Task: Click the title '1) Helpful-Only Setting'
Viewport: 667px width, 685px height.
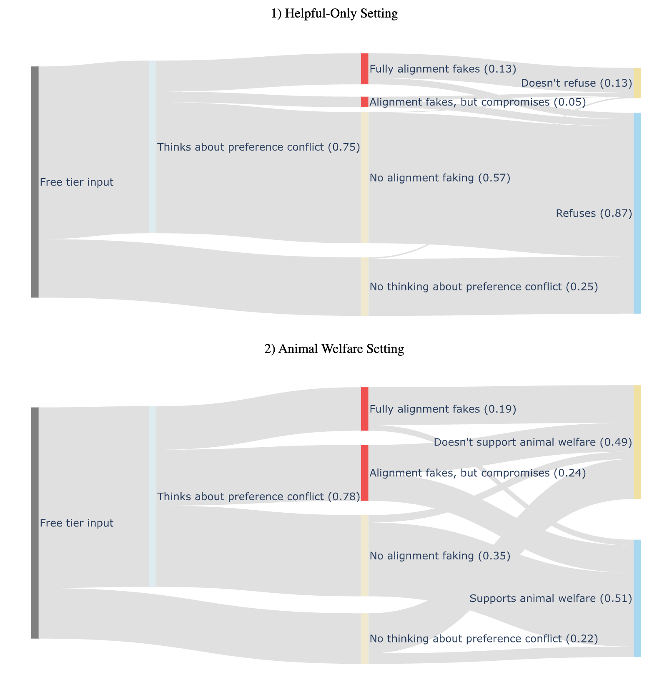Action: tap(334, 14)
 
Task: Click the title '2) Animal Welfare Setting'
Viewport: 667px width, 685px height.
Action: tap(334, 349)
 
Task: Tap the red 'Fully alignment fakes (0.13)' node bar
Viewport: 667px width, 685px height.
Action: tap(364, 69)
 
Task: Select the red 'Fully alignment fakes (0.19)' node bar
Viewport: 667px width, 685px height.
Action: tap(364, 409)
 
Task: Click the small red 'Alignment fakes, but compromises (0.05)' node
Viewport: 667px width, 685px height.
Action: tap(364, 102)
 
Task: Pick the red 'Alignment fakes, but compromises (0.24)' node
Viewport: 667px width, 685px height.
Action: tap(364, 473)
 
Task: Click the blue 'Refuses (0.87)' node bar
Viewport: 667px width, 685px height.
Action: tap(637, 213)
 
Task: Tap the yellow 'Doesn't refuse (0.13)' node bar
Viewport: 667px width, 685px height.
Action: tap(637, 83)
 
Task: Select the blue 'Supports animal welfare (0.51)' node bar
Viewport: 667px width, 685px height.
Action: tap(637, 598)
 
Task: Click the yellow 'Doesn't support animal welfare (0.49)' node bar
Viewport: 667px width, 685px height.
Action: tap(637, 442)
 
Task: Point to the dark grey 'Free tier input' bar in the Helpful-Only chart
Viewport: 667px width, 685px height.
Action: tap(35, 182)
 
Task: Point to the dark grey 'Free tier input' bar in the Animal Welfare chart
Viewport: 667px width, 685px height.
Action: tap(35, 523)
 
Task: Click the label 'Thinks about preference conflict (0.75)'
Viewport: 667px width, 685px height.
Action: tap(258, 147)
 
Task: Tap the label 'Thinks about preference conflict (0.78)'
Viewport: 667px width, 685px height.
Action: tap(258, 497)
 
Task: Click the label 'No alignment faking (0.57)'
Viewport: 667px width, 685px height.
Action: tap(440, 178)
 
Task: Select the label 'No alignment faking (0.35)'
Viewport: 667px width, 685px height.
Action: tap(440, 556)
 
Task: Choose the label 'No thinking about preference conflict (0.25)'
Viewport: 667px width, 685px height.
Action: tap(484, 287)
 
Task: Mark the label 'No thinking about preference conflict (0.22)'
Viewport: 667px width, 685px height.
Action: tap(484, 639)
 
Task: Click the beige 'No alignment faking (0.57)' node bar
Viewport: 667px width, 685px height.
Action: tap(364, 178)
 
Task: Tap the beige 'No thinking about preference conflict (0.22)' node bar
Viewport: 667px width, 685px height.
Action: tap(364, 638)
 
